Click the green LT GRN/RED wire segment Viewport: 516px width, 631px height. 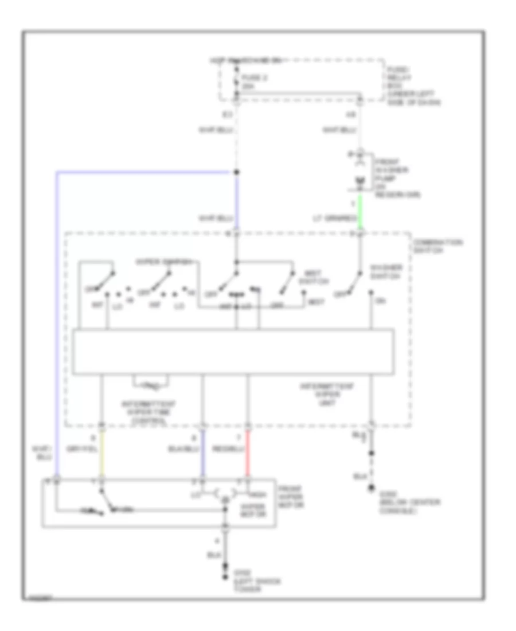click(x=361, y=211)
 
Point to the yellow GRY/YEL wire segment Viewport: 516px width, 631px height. click(x=101, y=455)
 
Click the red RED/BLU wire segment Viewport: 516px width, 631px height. click(x=248, y=455)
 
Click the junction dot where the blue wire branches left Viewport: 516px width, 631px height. click(x=236, y=172)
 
